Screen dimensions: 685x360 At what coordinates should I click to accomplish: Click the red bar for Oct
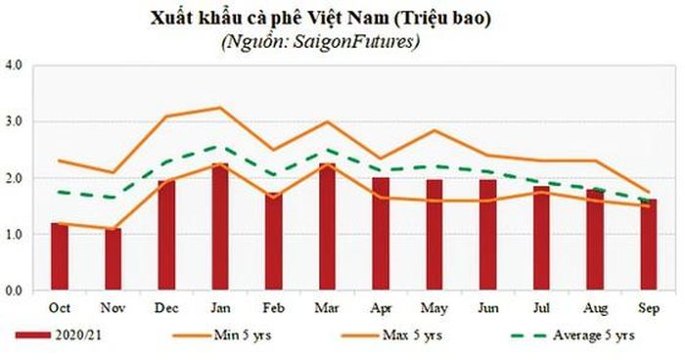60,256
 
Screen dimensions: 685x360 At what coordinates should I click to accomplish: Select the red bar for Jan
220,226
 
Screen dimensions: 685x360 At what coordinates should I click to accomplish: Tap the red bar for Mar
327,226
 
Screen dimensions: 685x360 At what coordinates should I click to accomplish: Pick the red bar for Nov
114,258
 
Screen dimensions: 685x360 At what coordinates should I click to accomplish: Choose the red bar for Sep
649,245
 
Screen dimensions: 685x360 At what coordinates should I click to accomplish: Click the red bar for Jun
488,235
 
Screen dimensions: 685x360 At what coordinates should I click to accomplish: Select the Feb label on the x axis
273,308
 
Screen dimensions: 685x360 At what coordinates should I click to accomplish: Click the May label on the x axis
434,309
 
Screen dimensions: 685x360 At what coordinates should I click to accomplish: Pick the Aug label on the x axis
595,309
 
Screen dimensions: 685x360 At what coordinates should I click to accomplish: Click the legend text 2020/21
78,336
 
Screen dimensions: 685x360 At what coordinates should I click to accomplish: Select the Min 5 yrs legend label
243,336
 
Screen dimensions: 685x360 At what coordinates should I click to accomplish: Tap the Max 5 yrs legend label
412,336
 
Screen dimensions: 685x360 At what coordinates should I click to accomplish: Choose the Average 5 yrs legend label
594,336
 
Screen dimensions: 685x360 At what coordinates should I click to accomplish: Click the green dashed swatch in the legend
528,336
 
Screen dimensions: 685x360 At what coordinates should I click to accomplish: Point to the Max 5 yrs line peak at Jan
220,108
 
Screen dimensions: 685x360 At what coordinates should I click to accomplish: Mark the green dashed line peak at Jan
220,146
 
